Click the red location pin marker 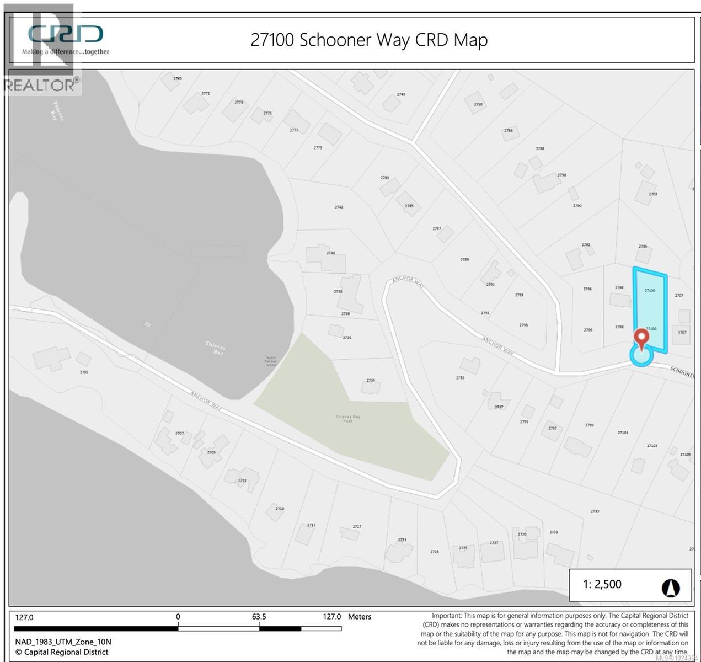[x=641, y=337]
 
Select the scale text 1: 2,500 [x=602, y=584]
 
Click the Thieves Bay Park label [x=347, y=418]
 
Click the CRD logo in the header [x=66, y=34]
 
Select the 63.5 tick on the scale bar [x=259, y=617]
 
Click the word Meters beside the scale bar [x=360, y=617]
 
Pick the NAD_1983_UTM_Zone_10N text [x=63, y=642]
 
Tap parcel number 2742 [x=339, y=207]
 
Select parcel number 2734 [x=371, y=380]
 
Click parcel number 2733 [x=595, y=511]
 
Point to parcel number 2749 [x=401, y=94]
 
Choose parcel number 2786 [x=508, y=131]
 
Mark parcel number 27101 [x=623, y=433]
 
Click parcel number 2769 [x=177, y=78]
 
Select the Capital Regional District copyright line [x=62, y=652]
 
